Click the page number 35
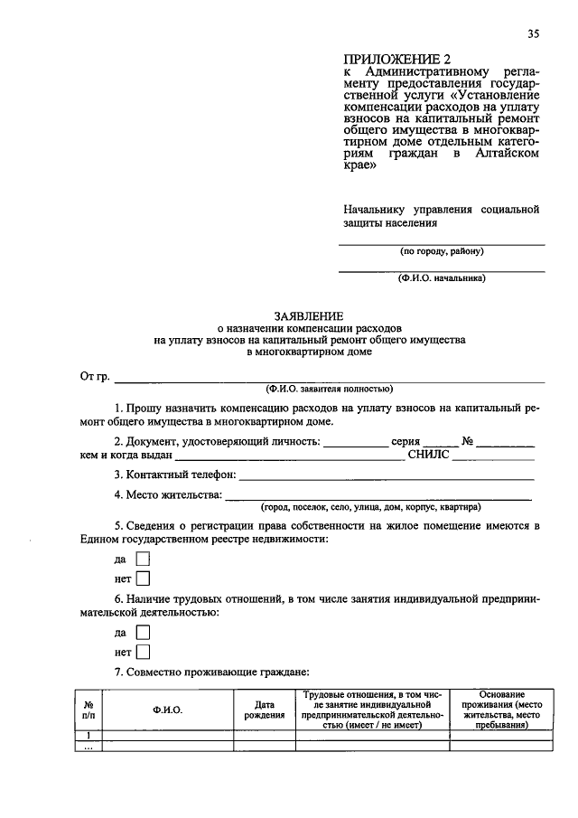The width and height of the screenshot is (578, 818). (x=534, y=34)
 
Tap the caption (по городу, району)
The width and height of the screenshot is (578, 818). (x=442, y=251)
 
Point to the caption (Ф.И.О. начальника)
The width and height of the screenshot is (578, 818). (x=442, y=278)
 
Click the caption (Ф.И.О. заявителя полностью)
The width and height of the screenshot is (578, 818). (x=328, y=390)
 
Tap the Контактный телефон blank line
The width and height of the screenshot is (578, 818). (x=387, y=476)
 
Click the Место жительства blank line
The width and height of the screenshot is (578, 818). (x=377, y=497)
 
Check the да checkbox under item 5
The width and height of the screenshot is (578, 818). (x=142, y=559)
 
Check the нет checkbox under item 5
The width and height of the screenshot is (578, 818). (x=142, y=578)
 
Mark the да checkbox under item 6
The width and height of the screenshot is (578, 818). (x=142, y=633)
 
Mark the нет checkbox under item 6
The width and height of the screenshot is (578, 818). (x=142, y=652)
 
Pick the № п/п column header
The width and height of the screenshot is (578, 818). (x=89, y=710)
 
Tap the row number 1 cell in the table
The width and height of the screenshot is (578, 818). (x=89, y=737)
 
